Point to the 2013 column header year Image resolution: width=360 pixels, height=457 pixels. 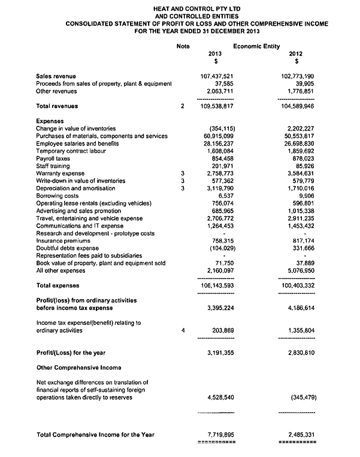[x=216, y=53]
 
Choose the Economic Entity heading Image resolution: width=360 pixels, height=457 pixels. [x=256, y=46]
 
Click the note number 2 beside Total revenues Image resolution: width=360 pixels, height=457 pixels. [x=182, y=106]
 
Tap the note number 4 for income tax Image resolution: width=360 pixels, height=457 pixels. [x=182, y=330]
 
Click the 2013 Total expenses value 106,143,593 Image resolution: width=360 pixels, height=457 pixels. [x=216, y=286]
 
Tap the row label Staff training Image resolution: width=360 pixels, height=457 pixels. [x=53, y=166]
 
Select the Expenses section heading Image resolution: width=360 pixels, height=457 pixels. [x=50, y=122]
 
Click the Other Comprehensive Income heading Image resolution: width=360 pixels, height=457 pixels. [x=79, y=367]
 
